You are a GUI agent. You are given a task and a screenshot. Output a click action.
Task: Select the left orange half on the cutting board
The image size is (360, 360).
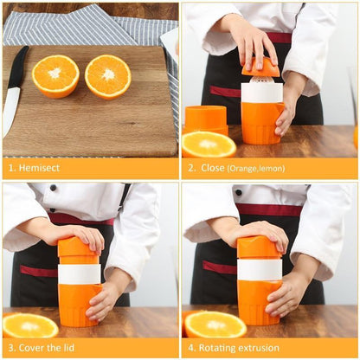point(55,76)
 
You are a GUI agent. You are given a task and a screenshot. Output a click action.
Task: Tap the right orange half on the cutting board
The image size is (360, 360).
point(108,76)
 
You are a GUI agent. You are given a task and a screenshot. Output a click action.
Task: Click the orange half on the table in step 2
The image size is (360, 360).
point(209,144)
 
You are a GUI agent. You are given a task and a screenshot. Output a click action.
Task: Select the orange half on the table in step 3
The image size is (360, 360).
point(30,325)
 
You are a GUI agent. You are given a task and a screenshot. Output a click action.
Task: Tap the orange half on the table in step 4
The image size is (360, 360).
point(215,325)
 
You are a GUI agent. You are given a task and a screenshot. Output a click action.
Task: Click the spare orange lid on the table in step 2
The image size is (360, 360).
point(206,118)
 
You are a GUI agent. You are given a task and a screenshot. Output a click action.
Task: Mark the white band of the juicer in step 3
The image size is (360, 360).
point(79,273)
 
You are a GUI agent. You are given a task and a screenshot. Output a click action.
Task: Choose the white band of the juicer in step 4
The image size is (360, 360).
point(259,269)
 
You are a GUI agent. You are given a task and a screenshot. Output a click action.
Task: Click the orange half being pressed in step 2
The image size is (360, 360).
point(260,67)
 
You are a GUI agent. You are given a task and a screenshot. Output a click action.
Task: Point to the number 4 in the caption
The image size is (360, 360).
point(190,348)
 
